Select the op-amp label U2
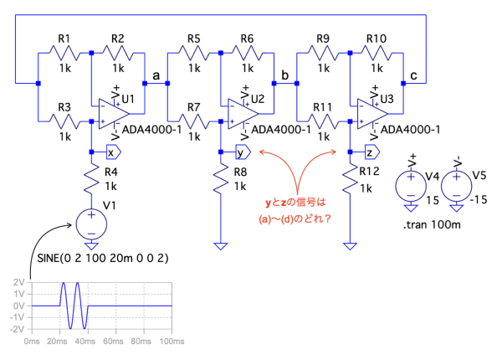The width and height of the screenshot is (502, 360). pyautogui.click(x=258, y=100)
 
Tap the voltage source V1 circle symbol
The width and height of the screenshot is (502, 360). pyautogui.click(x=91, y=224)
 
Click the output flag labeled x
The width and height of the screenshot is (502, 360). pyautogui.click(x=112, y=152)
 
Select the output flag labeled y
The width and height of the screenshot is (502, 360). pyautogui.click(x=241, y=152)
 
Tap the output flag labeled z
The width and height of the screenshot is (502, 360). pyautogui.click(x=370, y=152)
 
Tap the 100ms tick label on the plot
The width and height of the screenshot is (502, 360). pyautogui.click(x=171, y=342)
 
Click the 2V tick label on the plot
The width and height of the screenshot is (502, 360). pyautogui.click(x=18, y=282)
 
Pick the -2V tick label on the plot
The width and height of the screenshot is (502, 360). pyautogui.click(x=17, y=329)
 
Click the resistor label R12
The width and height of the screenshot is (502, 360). pyautogui.click(x=371, y=172)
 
